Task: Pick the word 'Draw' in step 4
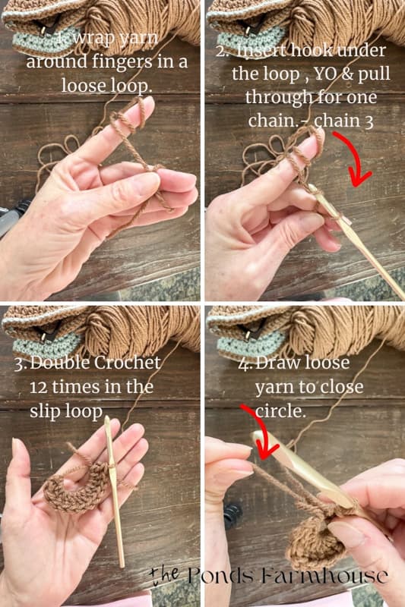click(x=277, y=363)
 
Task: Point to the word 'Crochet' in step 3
click(x=129, y=363)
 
